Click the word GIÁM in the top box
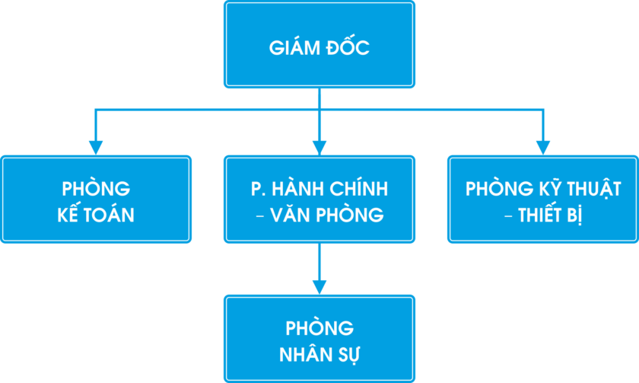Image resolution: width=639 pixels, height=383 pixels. (294, 47)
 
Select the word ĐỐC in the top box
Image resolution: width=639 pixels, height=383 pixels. (348, 46)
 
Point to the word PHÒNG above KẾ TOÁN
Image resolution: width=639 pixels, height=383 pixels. (96, 188)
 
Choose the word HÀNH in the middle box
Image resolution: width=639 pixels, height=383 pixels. (296, 188)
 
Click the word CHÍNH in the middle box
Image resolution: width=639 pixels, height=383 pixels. (358, 188)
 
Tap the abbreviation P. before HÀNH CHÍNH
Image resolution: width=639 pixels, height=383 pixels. (256, 189)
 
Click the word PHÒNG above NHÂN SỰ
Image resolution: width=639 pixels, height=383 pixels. (319, 328)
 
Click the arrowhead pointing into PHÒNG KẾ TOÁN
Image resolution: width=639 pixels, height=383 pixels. (96, 148)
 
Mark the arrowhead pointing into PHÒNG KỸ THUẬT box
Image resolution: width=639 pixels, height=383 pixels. (543, 148)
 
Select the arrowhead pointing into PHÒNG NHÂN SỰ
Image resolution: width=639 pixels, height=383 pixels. (319, 288)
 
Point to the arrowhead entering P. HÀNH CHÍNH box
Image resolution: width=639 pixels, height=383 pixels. (319, 148)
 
